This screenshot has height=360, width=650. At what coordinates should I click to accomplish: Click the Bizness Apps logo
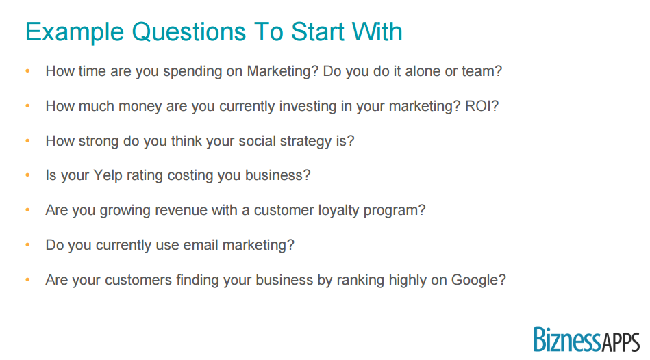(586, 339)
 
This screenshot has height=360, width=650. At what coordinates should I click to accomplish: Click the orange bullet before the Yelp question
(28, 175)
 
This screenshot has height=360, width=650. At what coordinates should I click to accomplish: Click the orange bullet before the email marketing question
(28, 245)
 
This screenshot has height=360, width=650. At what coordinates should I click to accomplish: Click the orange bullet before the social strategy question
(28, 141)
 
